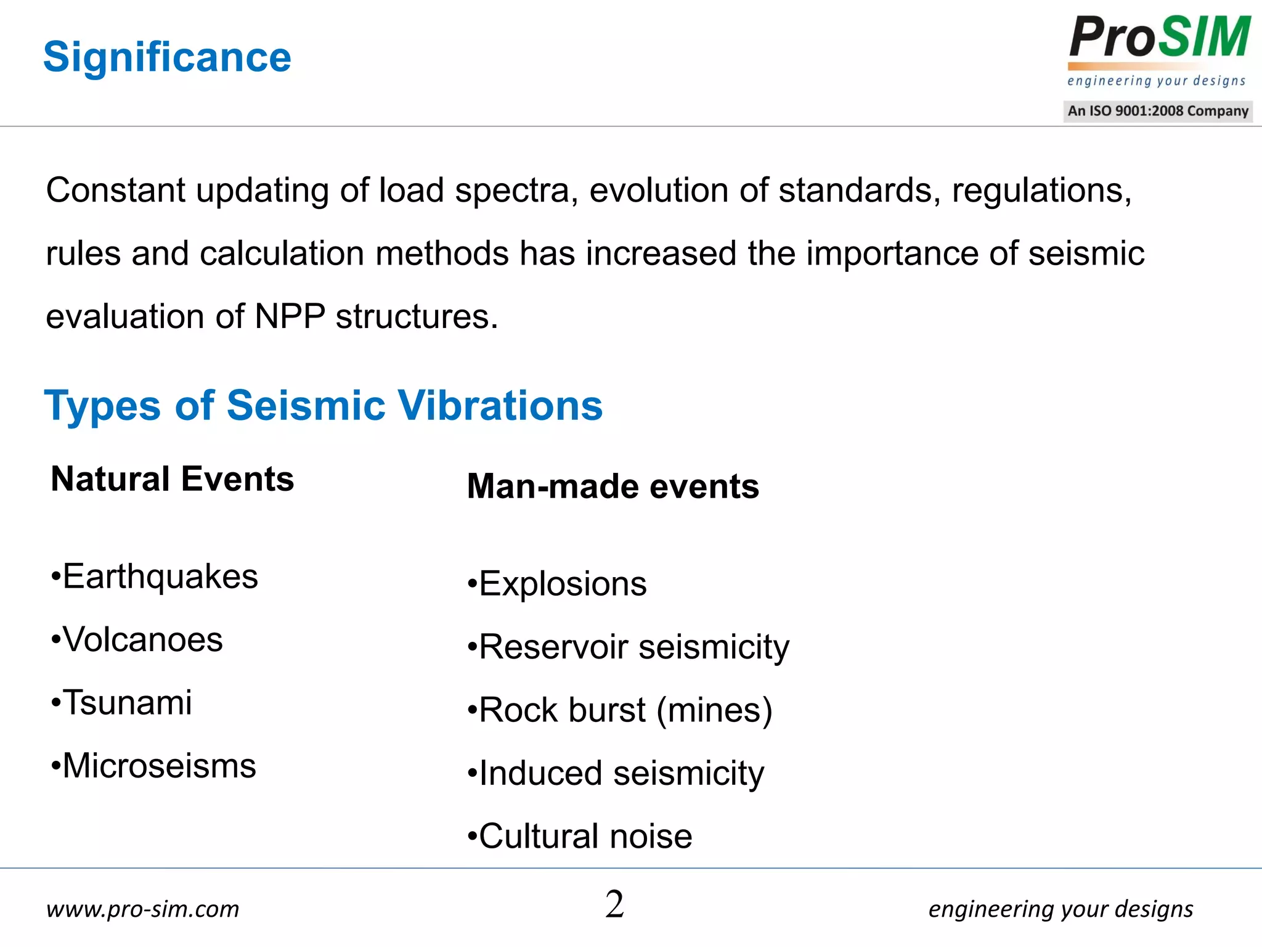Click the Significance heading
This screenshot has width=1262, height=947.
tap(167, 57)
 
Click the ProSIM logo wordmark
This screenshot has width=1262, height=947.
tap(1159, 38)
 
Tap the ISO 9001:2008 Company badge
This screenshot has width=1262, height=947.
tap(1158, 111)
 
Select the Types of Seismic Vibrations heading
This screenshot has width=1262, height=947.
tap(324, 406)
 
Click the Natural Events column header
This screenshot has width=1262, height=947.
tap(173, 479)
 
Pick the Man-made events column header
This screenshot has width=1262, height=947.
tap(613, 486)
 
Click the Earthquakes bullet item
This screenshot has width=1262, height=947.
tap(160, 576)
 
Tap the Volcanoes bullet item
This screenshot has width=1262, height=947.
tap(142, 639)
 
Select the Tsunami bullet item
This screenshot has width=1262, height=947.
tap(127, 703)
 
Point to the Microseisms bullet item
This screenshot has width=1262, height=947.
tap(159, 766)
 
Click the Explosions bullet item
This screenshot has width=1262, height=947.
tap(563, 584)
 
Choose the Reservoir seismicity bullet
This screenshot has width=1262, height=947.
tap(633, 647)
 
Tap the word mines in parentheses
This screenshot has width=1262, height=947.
tap(714, 710)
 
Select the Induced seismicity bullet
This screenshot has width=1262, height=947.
tap(621, 773)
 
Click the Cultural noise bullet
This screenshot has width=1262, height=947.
tap(585, 837)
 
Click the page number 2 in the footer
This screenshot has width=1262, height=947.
tap(614, 904)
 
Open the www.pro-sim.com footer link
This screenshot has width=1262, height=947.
tap(142, 909)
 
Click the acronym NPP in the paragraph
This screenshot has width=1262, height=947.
tap(290, 316)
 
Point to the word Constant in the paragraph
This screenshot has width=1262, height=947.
tap(115, 190)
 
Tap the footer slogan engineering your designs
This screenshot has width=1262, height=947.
tap(1060, 909)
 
